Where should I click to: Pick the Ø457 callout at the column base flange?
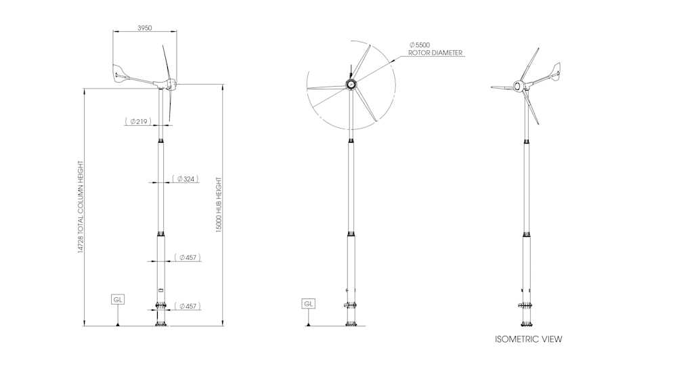(x=188, y=307)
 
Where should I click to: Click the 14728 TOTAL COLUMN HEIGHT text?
(x=81, y=207)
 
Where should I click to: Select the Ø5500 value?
(x=419, y=45)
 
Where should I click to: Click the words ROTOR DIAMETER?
(x=435, y=53)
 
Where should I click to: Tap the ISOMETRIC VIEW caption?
(x=528, y=339)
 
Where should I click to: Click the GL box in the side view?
(x=118, y=298)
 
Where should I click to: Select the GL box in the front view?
(x=308, y=304)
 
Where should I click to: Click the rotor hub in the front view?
(x=351, y=84)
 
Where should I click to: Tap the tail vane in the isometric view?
(x=556, y=69)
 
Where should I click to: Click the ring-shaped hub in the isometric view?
(x=518, y=87)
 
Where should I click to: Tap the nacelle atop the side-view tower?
(x=165, y=85)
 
